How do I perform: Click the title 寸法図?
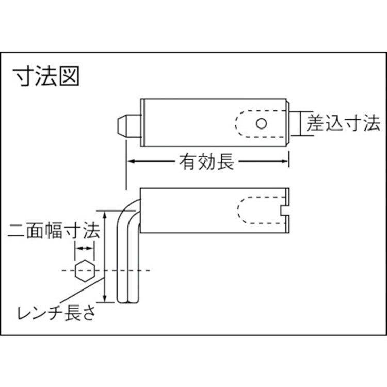coord(46,76)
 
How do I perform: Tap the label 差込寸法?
coord(343,123)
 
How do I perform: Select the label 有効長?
coord(206,162)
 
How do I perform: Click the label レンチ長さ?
coord(56,313)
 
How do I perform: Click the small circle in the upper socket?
coord(261,123)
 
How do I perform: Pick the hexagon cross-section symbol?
coord(85,270)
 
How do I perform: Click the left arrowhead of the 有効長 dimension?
coord(131,162)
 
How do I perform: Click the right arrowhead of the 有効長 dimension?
coord(284,162)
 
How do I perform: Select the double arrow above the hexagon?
coord(84,248)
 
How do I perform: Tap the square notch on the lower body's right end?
coord(284,211)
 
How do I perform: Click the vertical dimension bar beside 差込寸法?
coord(300,123)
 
